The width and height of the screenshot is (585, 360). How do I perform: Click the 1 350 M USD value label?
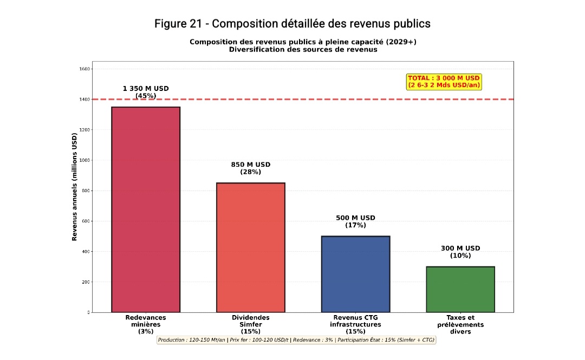146,92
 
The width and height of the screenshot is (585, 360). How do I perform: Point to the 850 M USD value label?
250,168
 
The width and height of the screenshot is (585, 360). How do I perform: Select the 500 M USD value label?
355,221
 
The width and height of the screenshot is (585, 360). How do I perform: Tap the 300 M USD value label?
460,252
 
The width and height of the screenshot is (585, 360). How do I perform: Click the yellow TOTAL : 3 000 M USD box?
444,82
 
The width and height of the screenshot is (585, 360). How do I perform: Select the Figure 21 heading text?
292,24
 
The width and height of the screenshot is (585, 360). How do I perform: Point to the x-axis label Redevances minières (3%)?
146,324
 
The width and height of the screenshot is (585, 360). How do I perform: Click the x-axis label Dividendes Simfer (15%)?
250,324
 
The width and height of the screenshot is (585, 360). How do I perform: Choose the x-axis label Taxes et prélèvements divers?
460,324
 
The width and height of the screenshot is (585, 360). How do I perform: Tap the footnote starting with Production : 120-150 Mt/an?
296,340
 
